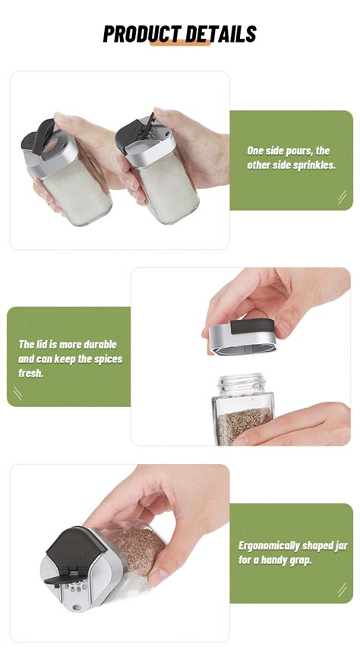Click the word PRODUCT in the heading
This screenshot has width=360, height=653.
point(142,33)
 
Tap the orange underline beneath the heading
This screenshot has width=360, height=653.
point(180,43)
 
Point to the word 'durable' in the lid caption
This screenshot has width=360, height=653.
point(100,345)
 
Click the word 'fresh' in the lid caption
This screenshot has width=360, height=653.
point(30,373)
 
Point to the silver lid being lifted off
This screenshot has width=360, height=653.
point(242,337)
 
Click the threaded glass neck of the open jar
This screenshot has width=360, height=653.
point(242,383)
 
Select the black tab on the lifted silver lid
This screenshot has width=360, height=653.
point(252,326)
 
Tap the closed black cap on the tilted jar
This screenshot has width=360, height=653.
point(71,548)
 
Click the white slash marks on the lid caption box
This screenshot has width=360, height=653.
point(17,393)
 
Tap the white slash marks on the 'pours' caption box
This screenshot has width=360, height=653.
point(342,197)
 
